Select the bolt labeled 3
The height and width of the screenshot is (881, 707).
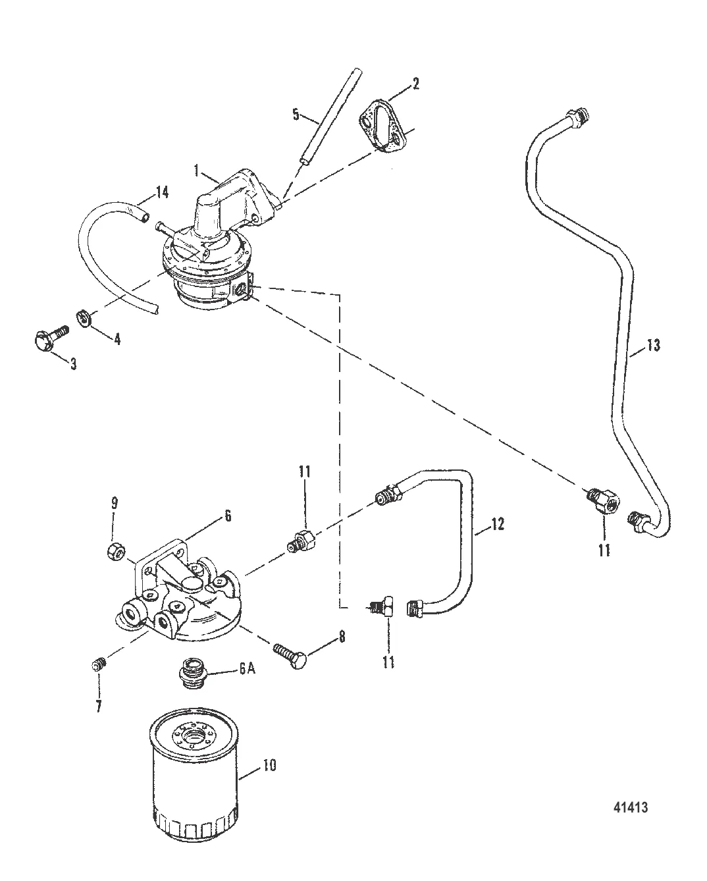51,338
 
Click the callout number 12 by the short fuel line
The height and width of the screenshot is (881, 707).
497,524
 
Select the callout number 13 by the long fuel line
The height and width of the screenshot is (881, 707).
654,345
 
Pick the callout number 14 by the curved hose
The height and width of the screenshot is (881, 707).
162,192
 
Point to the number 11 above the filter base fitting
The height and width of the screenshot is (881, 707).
304,472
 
